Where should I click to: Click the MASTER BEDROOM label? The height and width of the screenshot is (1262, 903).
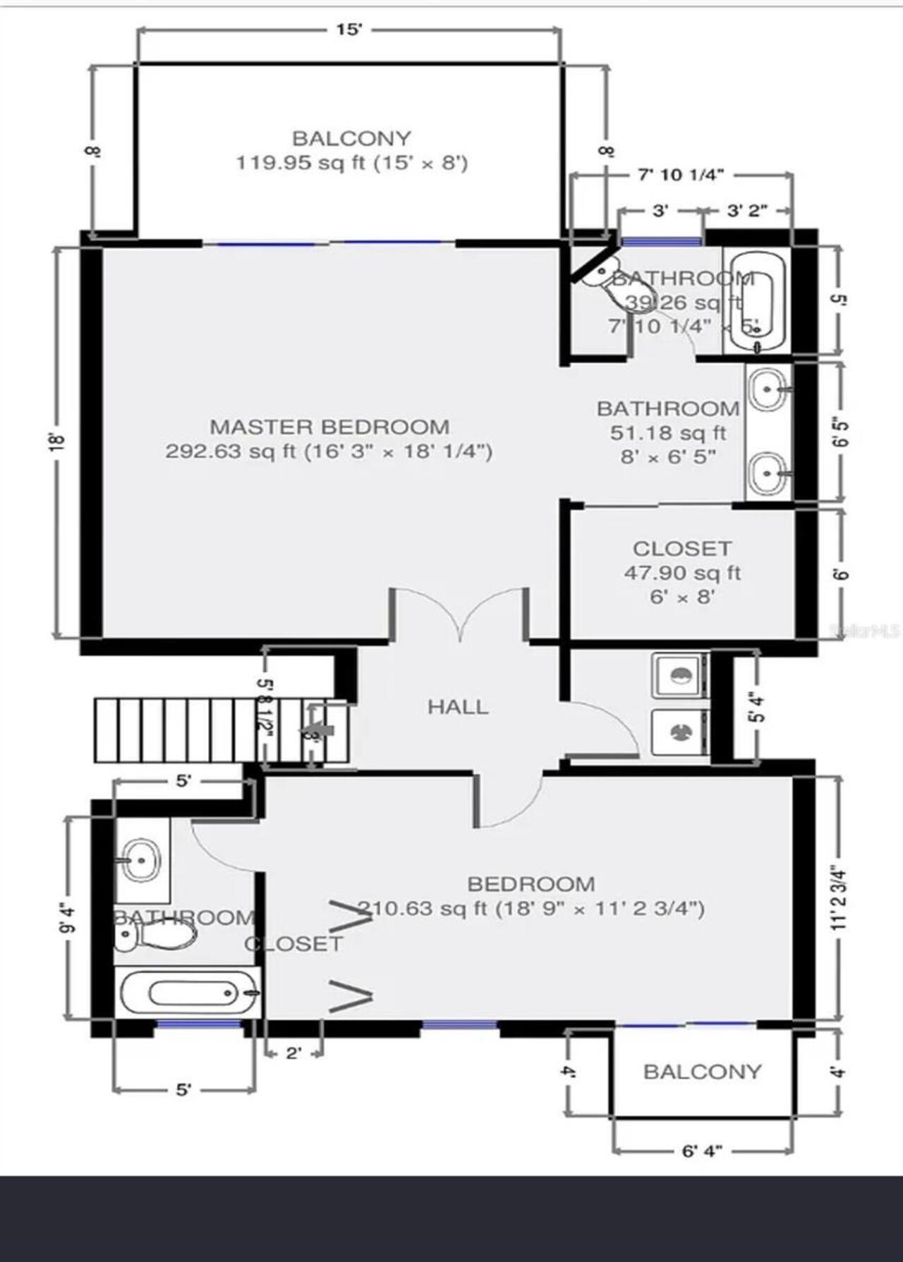pos(329,427)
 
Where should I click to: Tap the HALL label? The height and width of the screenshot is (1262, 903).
pos(458,706)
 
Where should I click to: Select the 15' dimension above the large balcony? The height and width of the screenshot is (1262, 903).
pos(349,30)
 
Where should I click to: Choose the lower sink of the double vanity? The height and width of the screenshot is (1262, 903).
pos(768,474)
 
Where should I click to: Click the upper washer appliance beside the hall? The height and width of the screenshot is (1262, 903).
pos(679,675)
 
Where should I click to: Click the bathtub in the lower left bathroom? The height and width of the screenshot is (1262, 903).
pos(189,993)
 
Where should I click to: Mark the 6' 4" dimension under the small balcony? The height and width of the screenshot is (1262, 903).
pos(702,1151)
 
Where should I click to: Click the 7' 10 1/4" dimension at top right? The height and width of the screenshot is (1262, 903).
pos(681,175)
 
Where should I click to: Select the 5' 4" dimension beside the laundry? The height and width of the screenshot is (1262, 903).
pos(754,707)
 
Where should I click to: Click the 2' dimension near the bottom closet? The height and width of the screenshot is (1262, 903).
pos(293,1054)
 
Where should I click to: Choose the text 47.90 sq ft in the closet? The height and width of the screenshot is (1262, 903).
pos(682,572)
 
